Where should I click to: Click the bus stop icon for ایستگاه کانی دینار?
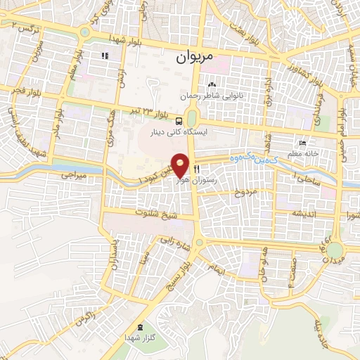tap(181, 120)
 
